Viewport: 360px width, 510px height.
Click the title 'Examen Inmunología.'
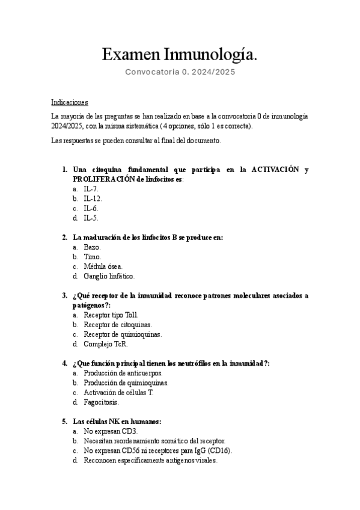click(180, 55)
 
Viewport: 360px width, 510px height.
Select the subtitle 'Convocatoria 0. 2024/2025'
click(180, 72)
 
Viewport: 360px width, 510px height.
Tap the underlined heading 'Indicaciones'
click(70, 102)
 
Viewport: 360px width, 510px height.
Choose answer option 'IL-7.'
click(91, 189)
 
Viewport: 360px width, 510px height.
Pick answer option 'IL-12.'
click(93, 198)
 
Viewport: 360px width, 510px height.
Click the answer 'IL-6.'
click(91, 208)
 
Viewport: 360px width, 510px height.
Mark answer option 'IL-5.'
click(91, 218)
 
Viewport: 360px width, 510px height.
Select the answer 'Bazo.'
click(93, 247)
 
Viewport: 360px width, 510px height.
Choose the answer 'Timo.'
click(93, 257)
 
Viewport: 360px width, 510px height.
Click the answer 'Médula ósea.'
click(103, 266)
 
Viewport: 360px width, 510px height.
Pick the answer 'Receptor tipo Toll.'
click(111, 315)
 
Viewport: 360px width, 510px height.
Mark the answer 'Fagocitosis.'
click(101, 402)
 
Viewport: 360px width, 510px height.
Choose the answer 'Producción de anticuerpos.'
click(123, 373)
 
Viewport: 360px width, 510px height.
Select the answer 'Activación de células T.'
click(119, 392)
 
